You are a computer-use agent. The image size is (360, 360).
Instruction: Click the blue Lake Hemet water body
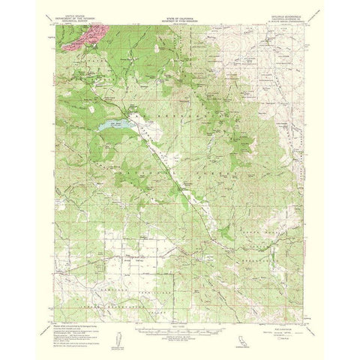112,127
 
